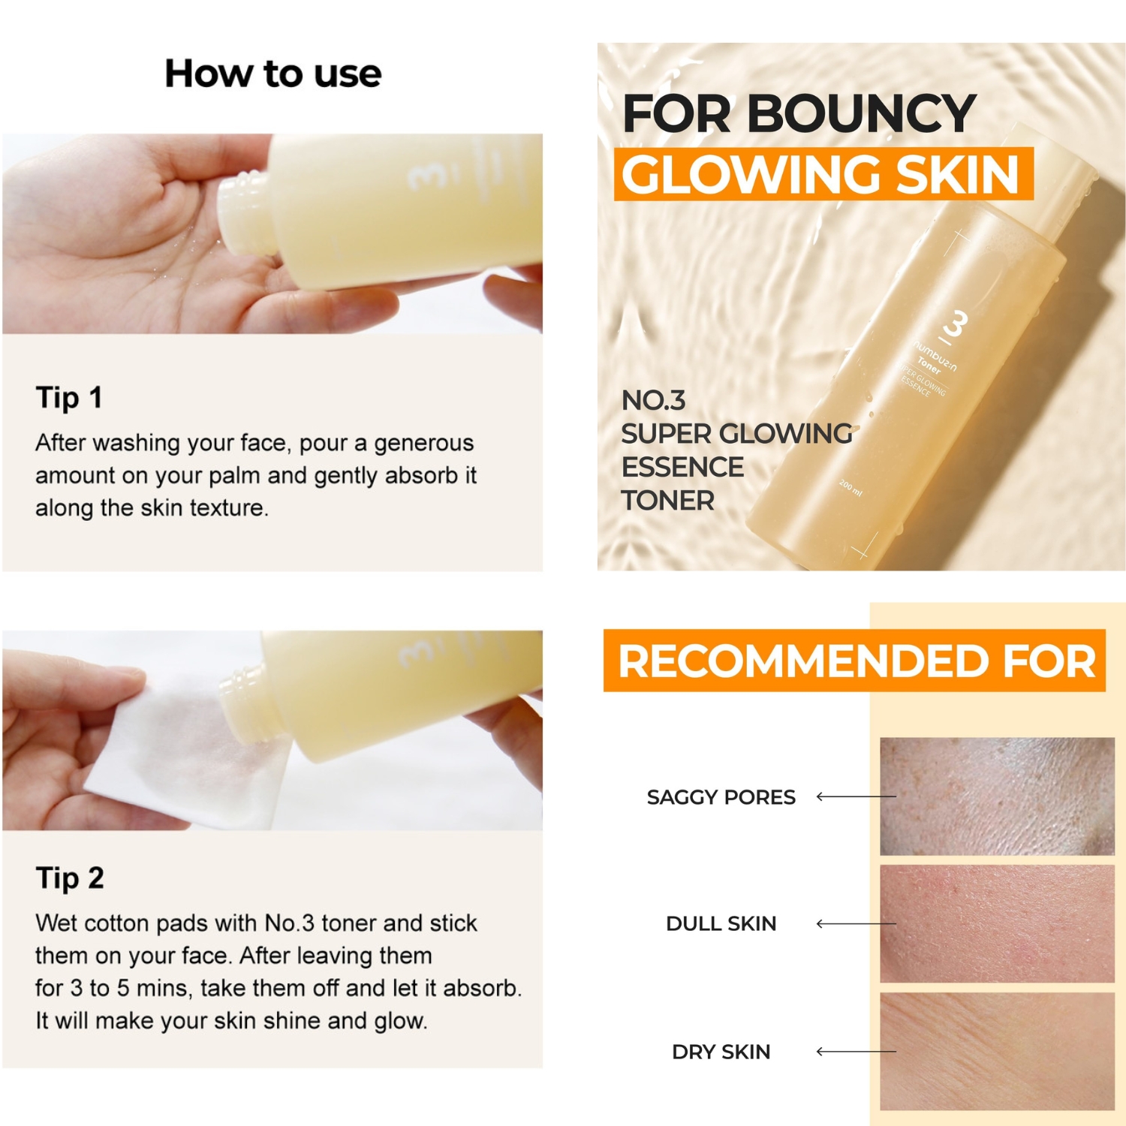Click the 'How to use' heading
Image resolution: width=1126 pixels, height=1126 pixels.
pyautogui.click(x=273, y=74)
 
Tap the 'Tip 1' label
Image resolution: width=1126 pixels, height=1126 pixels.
pyautogui.click(x=68, y=397)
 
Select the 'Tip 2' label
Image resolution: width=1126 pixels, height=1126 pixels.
pyautogui.click(x=69, y=878)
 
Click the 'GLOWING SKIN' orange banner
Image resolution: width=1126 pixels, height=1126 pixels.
pyautogui.click(x=823, y=174)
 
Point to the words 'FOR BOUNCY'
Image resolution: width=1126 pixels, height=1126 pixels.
pyautogui.click(x=799, y=114)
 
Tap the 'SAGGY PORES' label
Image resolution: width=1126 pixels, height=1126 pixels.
pyautogui.click(x=721, y=796)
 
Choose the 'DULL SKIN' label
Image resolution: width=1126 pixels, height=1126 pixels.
pyautogui.click(x=721, y=923)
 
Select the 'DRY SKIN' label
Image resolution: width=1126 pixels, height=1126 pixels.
pyautogui.click(x=721, y=1052)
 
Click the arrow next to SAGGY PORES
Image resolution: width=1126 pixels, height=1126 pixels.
pyautogui.click(x=856, y=796)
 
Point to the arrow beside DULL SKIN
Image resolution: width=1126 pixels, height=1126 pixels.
pyautogui.click(x=856, y=923)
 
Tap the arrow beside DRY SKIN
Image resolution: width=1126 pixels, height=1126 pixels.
pyautogui.click(x=856, y=1052)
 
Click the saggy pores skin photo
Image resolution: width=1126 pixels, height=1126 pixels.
pyautogui.click(x=997, y=796)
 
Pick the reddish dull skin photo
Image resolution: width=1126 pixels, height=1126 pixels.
pyautogui.click(x=997, y=923)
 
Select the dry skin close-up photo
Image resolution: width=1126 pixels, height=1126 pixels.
pyautogui.click(x=997, y=1051)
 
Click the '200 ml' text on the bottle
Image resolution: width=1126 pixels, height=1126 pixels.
pyautogui.click(x=851, y=487)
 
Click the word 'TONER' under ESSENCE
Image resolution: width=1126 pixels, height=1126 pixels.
pyautogui.click(x=667, y=500)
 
